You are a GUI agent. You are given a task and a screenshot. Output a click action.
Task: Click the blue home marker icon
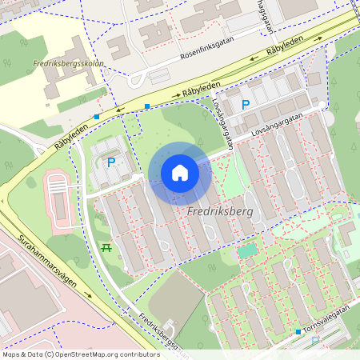(x=180, y=173)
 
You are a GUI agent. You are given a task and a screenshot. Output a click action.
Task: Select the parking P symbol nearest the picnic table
(x=110, y=162)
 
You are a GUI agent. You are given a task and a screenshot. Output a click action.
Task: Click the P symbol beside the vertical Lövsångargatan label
(x=246, y=104)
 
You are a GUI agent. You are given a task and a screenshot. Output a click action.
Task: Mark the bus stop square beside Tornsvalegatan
(x=298, y=331)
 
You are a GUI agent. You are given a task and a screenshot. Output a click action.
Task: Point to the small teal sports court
(x=248, y=250)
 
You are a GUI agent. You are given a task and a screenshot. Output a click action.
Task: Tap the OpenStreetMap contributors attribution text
(x=80, y=354)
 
